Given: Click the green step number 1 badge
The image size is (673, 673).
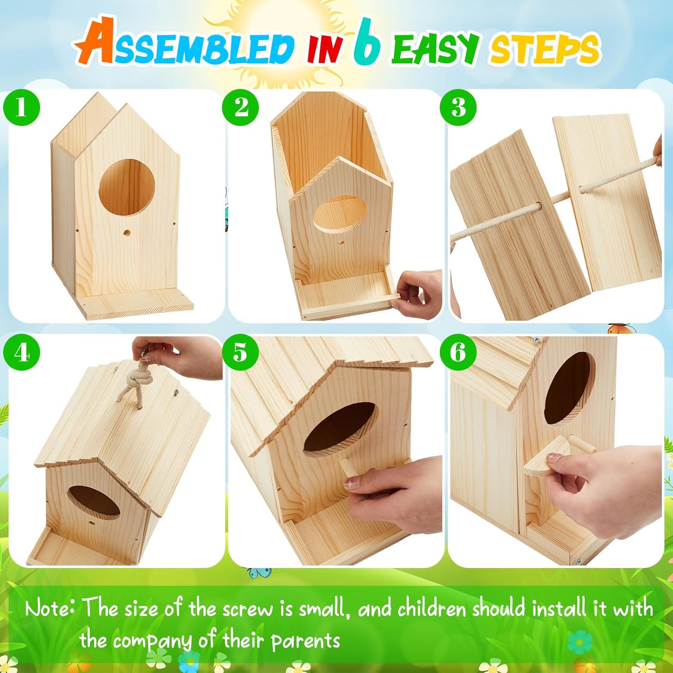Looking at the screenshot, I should (x=21, y=108).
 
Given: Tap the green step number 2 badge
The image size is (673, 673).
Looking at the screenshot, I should (x=240, y=108).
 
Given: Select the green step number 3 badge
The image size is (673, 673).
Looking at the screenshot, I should (x=458, y=108).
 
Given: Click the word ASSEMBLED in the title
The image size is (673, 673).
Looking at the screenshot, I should (x=184, y=45).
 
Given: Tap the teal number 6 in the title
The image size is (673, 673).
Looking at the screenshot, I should (x=367, y=43).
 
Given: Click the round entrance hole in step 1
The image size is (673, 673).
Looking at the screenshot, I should (x=127, y=188).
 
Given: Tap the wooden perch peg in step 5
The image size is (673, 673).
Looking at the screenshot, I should (x=346, y=468).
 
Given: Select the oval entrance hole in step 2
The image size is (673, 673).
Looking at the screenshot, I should (x=339, y=214).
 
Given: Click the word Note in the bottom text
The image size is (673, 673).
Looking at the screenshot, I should (x=49, y=609).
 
